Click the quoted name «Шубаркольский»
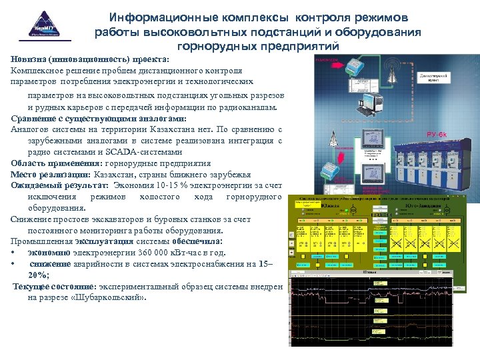pos(109,297)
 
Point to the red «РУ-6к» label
pos(437,135)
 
